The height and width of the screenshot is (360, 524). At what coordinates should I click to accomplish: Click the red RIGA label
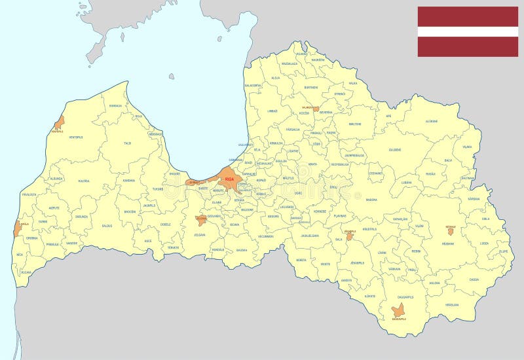(229, 177)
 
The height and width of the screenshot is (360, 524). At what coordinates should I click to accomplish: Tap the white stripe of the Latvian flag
(468, 31)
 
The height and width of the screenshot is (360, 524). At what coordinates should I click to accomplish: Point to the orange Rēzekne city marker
(450, 230)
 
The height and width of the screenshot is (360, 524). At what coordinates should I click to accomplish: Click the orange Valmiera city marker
(316, 109)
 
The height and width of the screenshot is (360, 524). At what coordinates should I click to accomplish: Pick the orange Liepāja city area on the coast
(17, 228)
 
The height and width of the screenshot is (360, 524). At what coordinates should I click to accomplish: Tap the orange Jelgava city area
(201, 221)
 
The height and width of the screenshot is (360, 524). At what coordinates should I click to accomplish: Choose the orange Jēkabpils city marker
(350, 235)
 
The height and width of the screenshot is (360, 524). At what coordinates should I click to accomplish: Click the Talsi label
(128, 143)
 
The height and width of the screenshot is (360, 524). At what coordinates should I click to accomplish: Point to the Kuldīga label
(84, 181)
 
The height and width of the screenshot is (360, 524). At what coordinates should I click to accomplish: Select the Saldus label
(107, 226)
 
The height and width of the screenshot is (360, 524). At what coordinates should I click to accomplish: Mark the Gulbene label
(395, 149)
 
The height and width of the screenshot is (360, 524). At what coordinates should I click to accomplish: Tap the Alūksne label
(432, 121)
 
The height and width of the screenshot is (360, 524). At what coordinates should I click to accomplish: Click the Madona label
(371, 199)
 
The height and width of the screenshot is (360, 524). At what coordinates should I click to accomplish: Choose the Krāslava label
(452, 304)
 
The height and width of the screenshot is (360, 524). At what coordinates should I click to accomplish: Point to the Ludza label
(484, 243)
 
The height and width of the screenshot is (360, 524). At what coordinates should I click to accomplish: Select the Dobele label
(166, 224)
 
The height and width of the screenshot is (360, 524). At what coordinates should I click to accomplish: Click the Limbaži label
(272, 111)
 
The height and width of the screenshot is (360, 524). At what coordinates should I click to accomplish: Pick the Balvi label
(448, 160)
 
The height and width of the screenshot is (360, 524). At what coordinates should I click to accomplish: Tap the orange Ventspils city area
(60, 122)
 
